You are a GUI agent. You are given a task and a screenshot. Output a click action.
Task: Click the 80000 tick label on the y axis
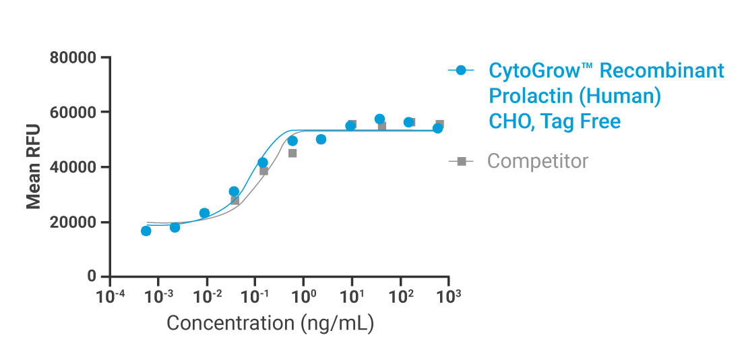tap(73, 58)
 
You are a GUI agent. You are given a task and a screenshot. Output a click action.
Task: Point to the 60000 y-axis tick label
tap(73, 113)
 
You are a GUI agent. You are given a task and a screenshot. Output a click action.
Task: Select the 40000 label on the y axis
tap(73, 167)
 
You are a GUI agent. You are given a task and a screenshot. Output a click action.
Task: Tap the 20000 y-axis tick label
tap(73, 222)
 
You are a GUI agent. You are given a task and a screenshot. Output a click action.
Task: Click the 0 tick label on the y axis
tap(91, 277)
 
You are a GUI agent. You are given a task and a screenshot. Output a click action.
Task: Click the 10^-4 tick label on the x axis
tap(110, 295)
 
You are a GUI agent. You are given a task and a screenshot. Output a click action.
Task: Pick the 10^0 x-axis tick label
tap(304, 295)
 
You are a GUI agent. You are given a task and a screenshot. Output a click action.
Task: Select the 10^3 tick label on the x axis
tap(449, 295)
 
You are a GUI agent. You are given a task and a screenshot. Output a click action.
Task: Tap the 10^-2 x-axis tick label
tap(207, 295)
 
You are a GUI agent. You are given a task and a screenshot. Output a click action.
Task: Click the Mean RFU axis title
tap(33, 167)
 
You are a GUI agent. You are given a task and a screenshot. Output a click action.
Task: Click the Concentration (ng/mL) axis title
tap(270, 324)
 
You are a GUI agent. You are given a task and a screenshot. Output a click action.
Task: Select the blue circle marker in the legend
tap(461, 71)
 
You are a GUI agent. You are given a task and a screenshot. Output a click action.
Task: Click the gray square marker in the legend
tap(461, 162)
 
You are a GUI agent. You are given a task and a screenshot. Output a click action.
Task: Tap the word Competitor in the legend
tap(537, 162)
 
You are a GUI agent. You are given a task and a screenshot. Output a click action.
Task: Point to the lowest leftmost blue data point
tap(146, 231)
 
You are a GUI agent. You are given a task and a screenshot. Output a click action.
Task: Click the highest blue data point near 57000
tap(379, 119)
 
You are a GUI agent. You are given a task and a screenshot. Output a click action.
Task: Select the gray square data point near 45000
tap(292, 153)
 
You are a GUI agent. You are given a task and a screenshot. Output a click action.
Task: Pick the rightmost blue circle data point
tap(437, 128)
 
